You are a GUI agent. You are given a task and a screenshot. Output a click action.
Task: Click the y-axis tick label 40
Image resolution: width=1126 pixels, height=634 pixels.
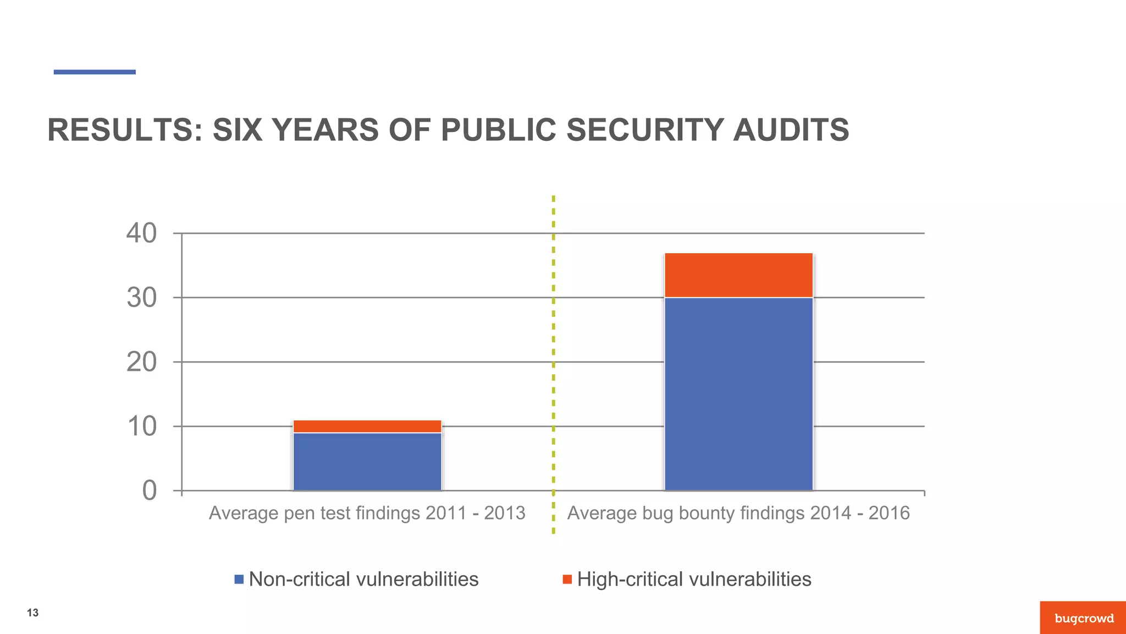141,233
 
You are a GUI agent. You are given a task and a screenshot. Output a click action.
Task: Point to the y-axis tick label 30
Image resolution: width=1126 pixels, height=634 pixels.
141,298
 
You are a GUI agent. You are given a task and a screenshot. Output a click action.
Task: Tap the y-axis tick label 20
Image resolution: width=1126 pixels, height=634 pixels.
141,362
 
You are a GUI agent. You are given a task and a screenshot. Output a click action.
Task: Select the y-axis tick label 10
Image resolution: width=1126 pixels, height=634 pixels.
141,427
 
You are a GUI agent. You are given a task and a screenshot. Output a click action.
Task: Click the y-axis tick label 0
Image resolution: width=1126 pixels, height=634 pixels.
149,490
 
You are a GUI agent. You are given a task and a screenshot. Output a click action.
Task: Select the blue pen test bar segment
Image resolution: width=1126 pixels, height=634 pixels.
367,461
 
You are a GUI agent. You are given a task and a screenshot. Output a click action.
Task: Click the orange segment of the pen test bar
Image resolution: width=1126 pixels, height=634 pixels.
367,427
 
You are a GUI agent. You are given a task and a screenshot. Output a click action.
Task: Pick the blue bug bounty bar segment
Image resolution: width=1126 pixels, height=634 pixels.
738,393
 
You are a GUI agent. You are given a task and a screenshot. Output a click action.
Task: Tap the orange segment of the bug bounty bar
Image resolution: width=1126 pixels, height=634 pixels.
738,275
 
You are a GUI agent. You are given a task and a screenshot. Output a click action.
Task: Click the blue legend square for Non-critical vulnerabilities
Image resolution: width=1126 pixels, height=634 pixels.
239,580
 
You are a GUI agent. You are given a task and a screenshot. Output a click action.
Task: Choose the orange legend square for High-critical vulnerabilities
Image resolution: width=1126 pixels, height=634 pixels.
567,580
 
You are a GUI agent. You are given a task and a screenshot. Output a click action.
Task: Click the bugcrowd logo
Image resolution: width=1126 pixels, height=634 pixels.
1084,618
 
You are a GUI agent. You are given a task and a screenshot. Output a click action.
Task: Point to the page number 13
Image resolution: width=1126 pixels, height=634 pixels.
32,613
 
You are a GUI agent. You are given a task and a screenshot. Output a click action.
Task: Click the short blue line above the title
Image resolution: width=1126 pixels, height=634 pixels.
95,72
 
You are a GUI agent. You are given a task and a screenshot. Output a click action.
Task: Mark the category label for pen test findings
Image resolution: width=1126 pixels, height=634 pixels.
367,513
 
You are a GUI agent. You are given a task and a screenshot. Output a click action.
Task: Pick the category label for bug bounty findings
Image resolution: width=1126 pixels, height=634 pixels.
738,513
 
